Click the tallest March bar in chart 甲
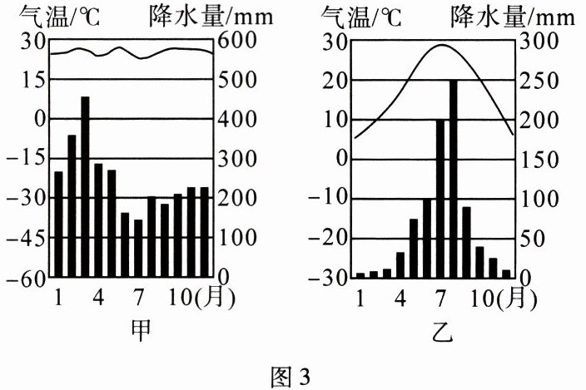[85, 186]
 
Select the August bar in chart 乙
[454, 178]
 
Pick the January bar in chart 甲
[58, 224]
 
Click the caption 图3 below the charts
[292, 377]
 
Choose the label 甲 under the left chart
[142, 330]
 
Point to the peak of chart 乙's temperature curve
[446, 45]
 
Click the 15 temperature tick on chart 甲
[32, 80]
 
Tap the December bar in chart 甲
[204, 232]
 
